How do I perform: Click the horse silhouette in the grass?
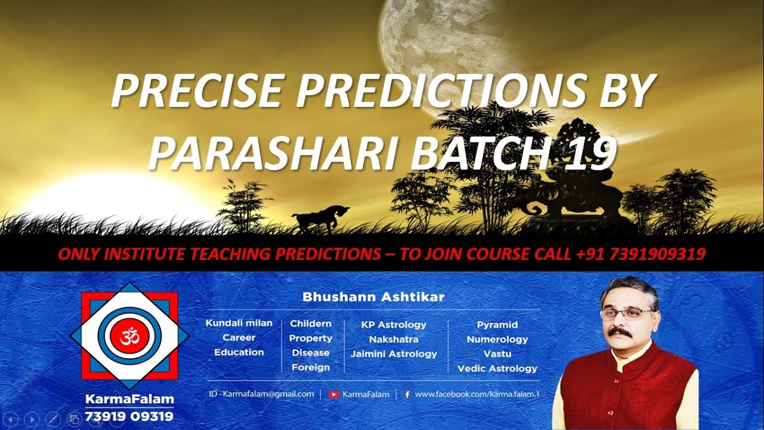point(320,219)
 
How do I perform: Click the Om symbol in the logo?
point(130,337)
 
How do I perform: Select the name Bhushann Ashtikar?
point(374,297)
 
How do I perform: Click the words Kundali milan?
point(239,323)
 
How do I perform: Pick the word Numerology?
point(497,339)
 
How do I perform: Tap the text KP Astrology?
point(394,325)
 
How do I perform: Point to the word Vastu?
point(497,354)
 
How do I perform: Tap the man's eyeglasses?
point(627,313)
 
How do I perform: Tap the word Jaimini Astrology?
point(394,354)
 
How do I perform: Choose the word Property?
point(310,338)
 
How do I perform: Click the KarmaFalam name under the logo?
point(129,398)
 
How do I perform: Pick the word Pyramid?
point(497,325)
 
